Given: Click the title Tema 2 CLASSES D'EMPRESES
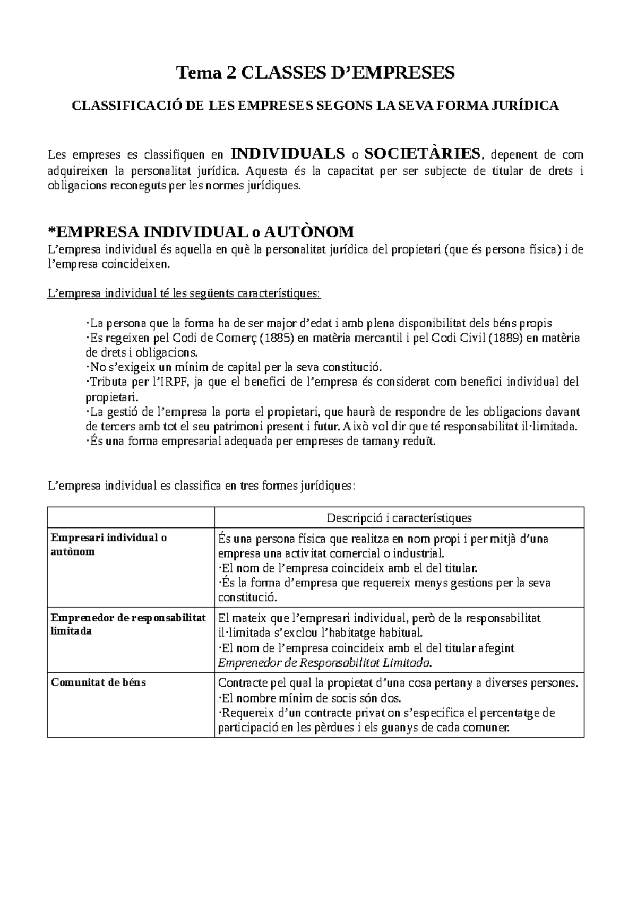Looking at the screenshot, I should pos(316,73).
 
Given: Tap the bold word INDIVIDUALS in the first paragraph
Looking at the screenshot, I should pos(288,154).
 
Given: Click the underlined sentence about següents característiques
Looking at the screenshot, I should pos(184,293).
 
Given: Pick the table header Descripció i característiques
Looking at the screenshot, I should pos(399,517).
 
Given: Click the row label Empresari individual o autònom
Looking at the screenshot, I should pos(109,544).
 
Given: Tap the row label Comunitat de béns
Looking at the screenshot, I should pos(98,682).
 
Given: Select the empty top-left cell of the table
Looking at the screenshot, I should pos(131,517).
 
